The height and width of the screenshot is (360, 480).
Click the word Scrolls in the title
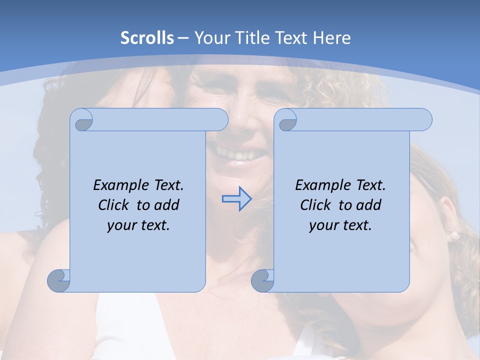coord(147,38)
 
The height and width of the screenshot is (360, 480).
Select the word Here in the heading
coord(331,38)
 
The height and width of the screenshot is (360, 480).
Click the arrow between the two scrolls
coord(236,199)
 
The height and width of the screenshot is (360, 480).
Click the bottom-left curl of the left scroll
coord(58,280)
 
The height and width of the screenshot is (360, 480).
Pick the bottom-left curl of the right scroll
coord(262,280)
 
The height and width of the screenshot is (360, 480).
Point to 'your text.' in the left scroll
coord(138,225)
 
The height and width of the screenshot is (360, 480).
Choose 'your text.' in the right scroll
coord(340,225)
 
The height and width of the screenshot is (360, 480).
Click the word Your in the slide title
coord(210,38)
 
